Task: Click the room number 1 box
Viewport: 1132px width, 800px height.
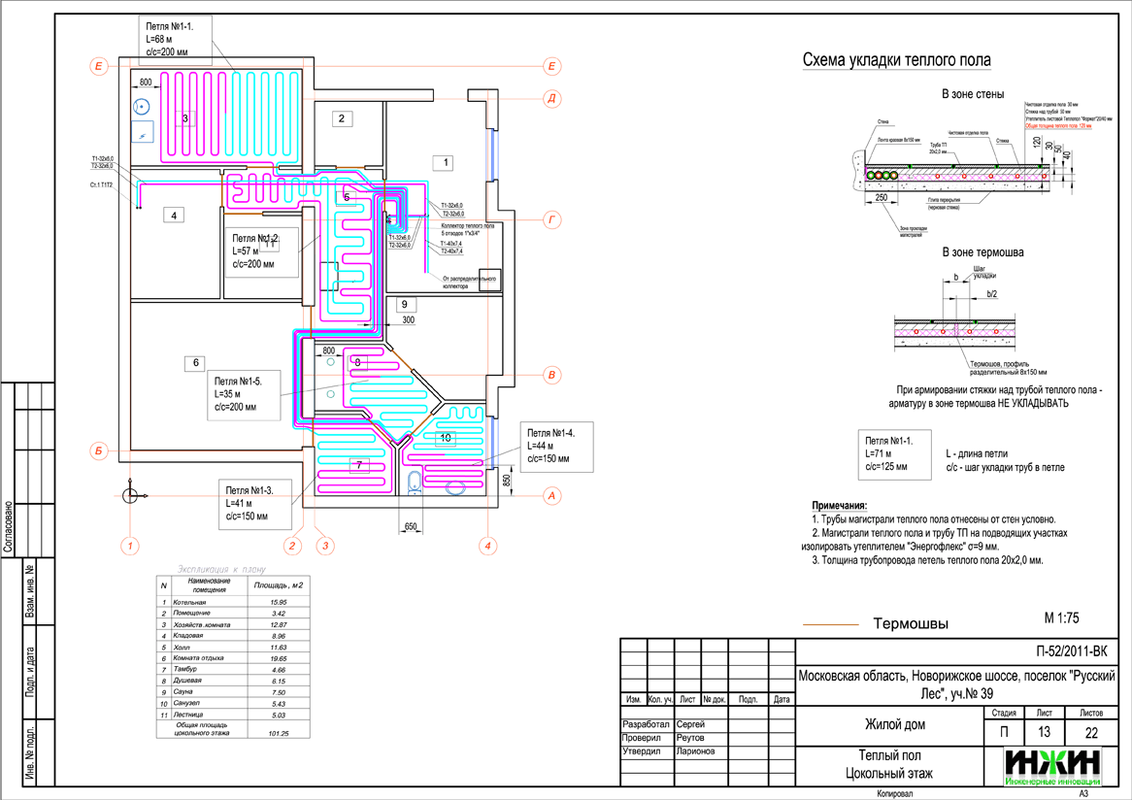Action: [x=443, y=163]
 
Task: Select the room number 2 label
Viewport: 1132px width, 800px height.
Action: [x=341, y=119]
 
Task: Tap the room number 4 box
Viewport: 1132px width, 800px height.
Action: [x=173, y=216]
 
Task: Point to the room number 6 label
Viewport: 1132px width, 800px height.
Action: [x=196, y=363]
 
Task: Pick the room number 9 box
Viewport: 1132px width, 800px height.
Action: [x=401, y=304]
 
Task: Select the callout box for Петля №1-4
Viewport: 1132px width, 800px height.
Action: [x=555, y=447]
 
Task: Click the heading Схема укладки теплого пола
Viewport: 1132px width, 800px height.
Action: [x=896, y=61]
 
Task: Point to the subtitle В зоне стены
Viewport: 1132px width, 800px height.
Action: [x=972, y=94]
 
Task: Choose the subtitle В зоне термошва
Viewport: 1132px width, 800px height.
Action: [x=983, y=252]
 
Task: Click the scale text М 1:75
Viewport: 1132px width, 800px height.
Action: [x=1061, y=617]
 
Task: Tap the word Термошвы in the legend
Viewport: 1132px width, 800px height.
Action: [x=910, y=623]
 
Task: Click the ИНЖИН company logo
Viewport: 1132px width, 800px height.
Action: [x=1052, y=765]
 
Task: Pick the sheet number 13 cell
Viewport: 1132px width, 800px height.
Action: [x=1045, y=732]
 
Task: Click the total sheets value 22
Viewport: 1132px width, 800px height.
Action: [x=1091, y=732]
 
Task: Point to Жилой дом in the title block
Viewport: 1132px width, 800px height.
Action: [x=888, y=724]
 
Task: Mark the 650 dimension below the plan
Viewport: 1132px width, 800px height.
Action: [x=410, y=527]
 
